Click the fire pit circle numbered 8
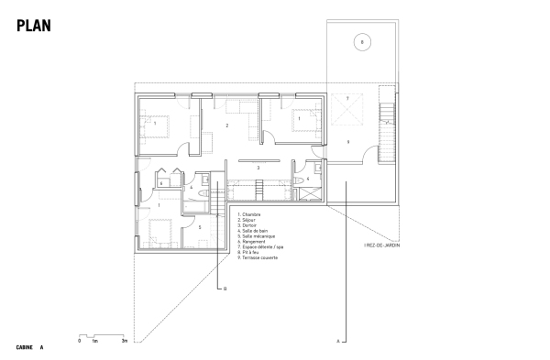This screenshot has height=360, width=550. [362, 42]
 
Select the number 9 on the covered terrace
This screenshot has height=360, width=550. [348, 143]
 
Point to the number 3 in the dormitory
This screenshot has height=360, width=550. [258, 169]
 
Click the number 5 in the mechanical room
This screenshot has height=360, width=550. [200, 227]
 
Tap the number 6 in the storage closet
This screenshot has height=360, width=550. [308, 180]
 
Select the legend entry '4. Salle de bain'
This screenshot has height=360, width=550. [252, 231]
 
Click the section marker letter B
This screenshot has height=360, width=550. [223, 289]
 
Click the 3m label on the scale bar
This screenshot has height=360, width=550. [125, 340]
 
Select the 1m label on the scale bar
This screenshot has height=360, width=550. [94, 340]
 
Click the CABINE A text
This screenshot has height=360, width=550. [29, 347]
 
